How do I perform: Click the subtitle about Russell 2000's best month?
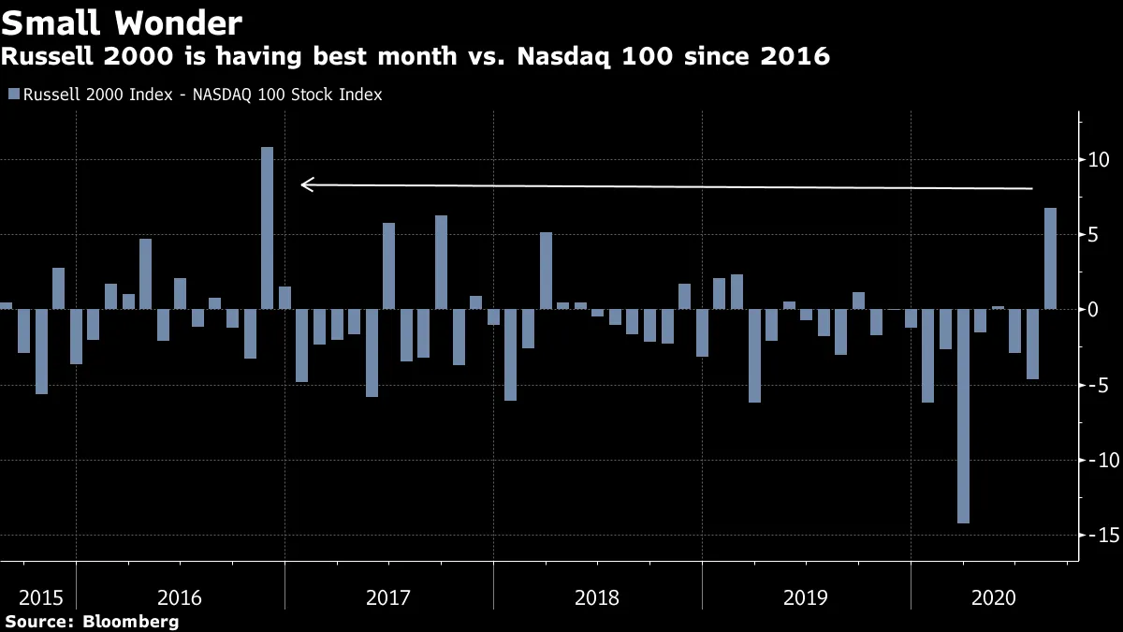coord(416,57)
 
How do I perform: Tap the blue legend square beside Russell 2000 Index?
coord(13,95)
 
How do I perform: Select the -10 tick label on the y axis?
coord(1097,460)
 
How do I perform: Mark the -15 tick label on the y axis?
coord(1097,535)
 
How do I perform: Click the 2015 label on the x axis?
coord(41,596)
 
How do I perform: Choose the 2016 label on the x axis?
coord(181,596)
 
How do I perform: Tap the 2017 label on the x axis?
coord(389,596)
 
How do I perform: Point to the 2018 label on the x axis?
coord(598,596)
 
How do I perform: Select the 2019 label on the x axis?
coord(806,596)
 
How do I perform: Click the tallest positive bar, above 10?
coord(267,228)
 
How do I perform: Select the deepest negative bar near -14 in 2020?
coord(963,416)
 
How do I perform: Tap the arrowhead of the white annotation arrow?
coord(304,184)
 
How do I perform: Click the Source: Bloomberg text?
coord(91,622)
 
